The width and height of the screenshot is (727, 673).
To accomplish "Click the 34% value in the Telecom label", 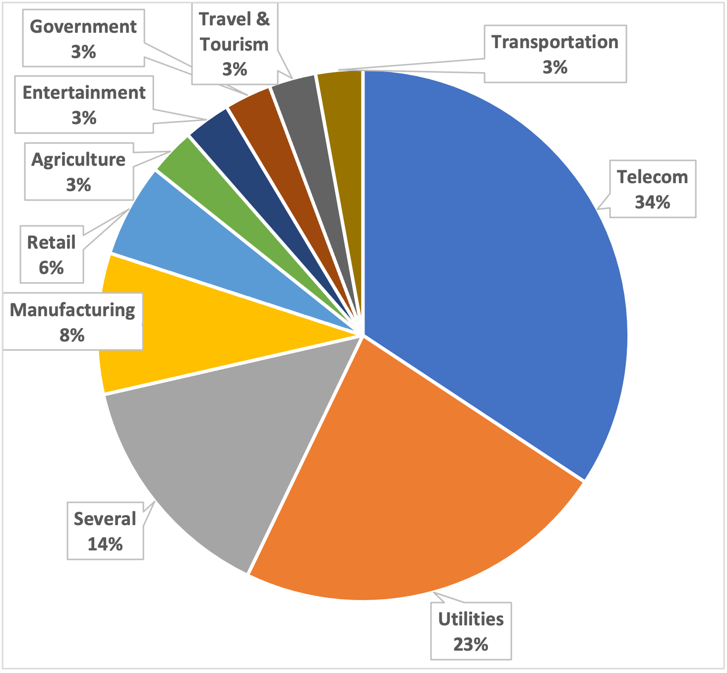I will [x=652, y=202].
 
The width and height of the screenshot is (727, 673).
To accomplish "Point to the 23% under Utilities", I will [x=471, y=644].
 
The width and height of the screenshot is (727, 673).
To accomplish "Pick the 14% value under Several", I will [x=105, y=544].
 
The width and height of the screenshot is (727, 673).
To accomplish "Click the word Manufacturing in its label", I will [x=72, y=310].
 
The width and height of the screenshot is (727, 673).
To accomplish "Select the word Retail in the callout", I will [x=51, y=243].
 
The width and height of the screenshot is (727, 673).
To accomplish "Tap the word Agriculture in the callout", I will [x=78, y=160].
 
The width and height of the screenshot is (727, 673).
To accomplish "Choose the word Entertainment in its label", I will [x=84, y=93].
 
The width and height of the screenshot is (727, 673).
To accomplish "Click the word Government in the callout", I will [x=83, y=27].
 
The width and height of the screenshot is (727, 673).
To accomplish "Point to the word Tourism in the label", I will [x=234, y=45].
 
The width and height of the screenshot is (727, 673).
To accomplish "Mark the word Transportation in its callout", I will [x=555, y=42].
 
